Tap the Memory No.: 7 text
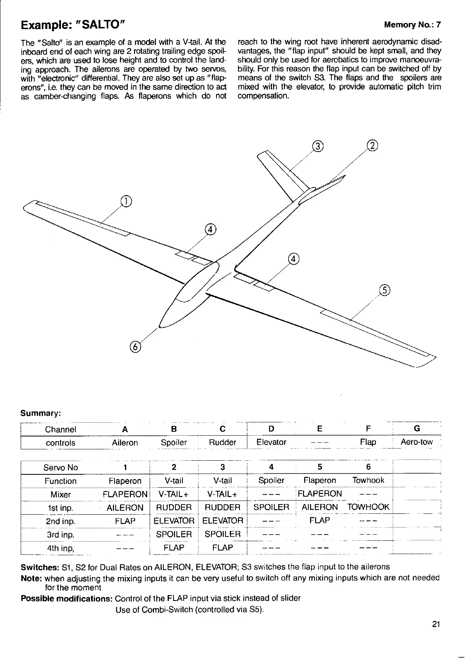click(412, 25)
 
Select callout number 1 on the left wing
click(126, 202)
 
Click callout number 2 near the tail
click(373, 146)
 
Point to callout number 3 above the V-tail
click(318, 147)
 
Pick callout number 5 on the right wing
click(385, 290)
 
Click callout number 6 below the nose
click(135, 347)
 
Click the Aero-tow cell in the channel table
click(417, 442)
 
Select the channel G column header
click(417, 429)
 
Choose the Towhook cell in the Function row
click(368, 480)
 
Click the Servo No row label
click(61, 467)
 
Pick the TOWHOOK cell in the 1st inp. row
click(368, 507)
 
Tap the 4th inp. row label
click(61, 548)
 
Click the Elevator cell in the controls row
click(271, 442)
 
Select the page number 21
click(436, 624)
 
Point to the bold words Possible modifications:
click(66, 599)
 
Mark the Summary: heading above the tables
click(40, 413)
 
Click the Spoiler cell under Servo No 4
click(271, 480)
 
